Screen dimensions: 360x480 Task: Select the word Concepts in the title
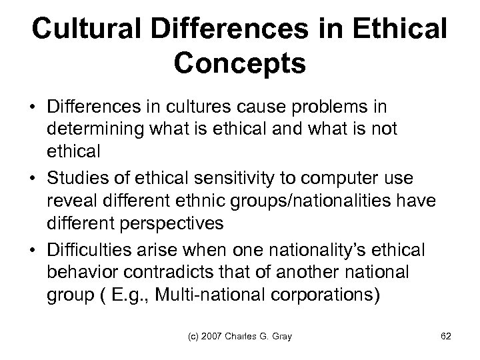coord(240,65)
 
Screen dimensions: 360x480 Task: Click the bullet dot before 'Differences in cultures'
coord(33,107)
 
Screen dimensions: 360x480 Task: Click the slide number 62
coord(446,337)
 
